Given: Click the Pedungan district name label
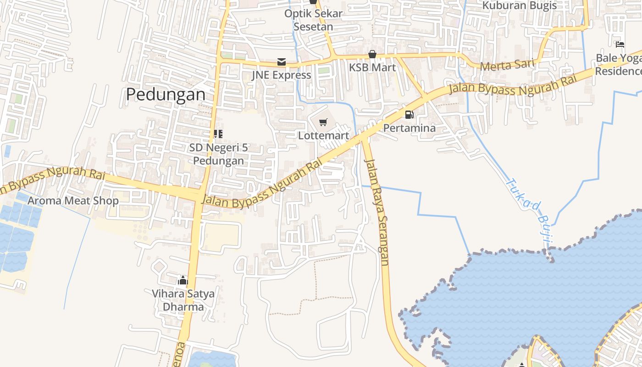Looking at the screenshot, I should [166, 94].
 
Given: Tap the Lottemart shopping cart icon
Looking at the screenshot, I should [323, 122].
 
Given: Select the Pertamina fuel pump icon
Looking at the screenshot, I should [409, 114].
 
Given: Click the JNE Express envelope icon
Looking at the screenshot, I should [281, 62].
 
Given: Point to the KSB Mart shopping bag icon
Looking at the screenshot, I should [372, 55].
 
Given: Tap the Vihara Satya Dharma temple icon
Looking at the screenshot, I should [183, 280].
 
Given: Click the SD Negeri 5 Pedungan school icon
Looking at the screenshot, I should [218, 134].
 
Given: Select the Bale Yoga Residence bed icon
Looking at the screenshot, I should [620, 44].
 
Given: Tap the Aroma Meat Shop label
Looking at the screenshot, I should [73, 200].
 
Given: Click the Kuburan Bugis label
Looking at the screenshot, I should [519, 6].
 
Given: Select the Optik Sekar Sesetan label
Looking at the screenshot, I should [313, 20].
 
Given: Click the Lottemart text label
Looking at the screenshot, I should [323, 136].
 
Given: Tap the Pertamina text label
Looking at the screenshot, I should [409, 128].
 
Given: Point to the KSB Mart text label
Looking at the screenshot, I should [372, 67].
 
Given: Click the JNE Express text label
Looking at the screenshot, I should [281, 75].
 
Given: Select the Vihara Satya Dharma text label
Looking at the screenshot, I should [183, 300].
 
